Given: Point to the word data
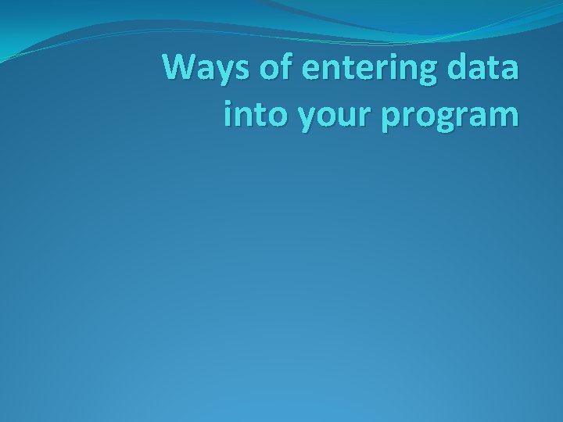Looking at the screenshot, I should pyautogui.click(x=487, y=68).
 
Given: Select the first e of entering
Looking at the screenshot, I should pyautogui.click(x=310, y=70).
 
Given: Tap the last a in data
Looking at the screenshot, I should pyautogui.click(x=508, y=70).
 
